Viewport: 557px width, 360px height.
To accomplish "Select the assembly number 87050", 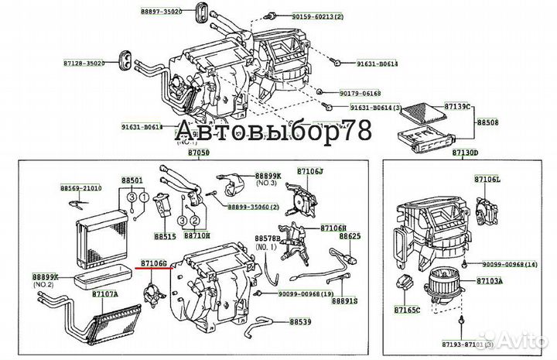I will tap(198, 154).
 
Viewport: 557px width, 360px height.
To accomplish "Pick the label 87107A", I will tap(106, 294).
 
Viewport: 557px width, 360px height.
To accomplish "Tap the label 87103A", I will tap(490, 280).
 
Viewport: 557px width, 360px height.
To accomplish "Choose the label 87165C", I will tap(407, 310).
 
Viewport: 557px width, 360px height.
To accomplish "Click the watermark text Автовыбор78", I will tap(275, 132).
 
